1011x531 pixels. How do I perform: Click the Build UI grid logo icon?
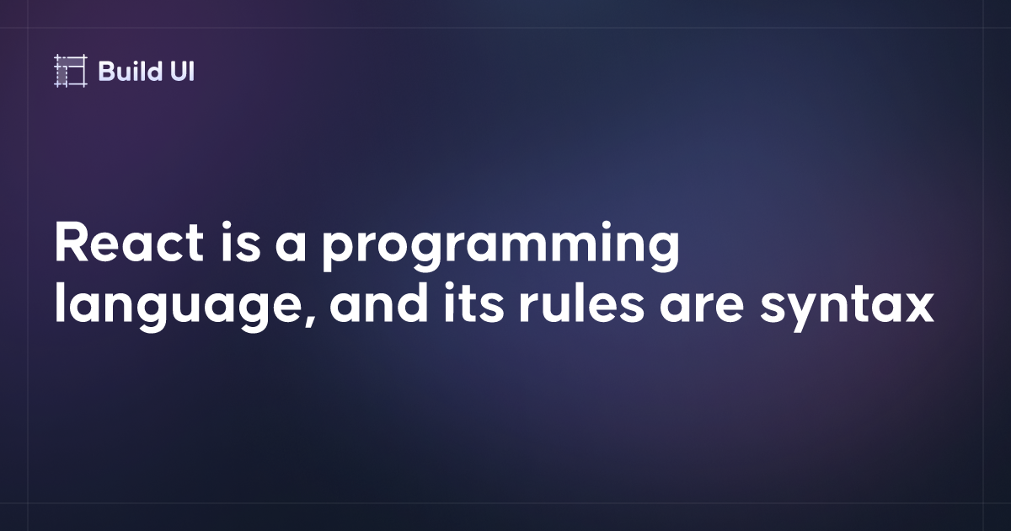point(71,71)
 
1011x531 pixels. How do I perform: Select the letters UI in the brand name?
point(182,72)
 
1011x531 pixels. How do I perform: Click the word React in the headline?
point(129,243)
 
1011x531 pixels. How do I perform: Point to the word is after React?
point(241,242)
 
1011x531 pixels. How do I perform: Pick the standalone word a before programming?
point(292,248)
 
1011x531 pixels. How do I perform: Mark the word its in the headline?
point(473,303)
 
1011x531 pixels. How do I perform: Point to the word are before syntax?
point(701,308)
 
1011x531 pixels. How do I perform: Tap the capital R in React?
point(72,243)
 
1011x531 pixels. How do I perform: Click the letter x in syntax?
point(917,308)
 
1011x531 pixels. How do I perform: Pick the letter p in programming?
point(339,254)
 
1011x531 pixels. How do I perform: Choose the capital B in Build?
point(106,72)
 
